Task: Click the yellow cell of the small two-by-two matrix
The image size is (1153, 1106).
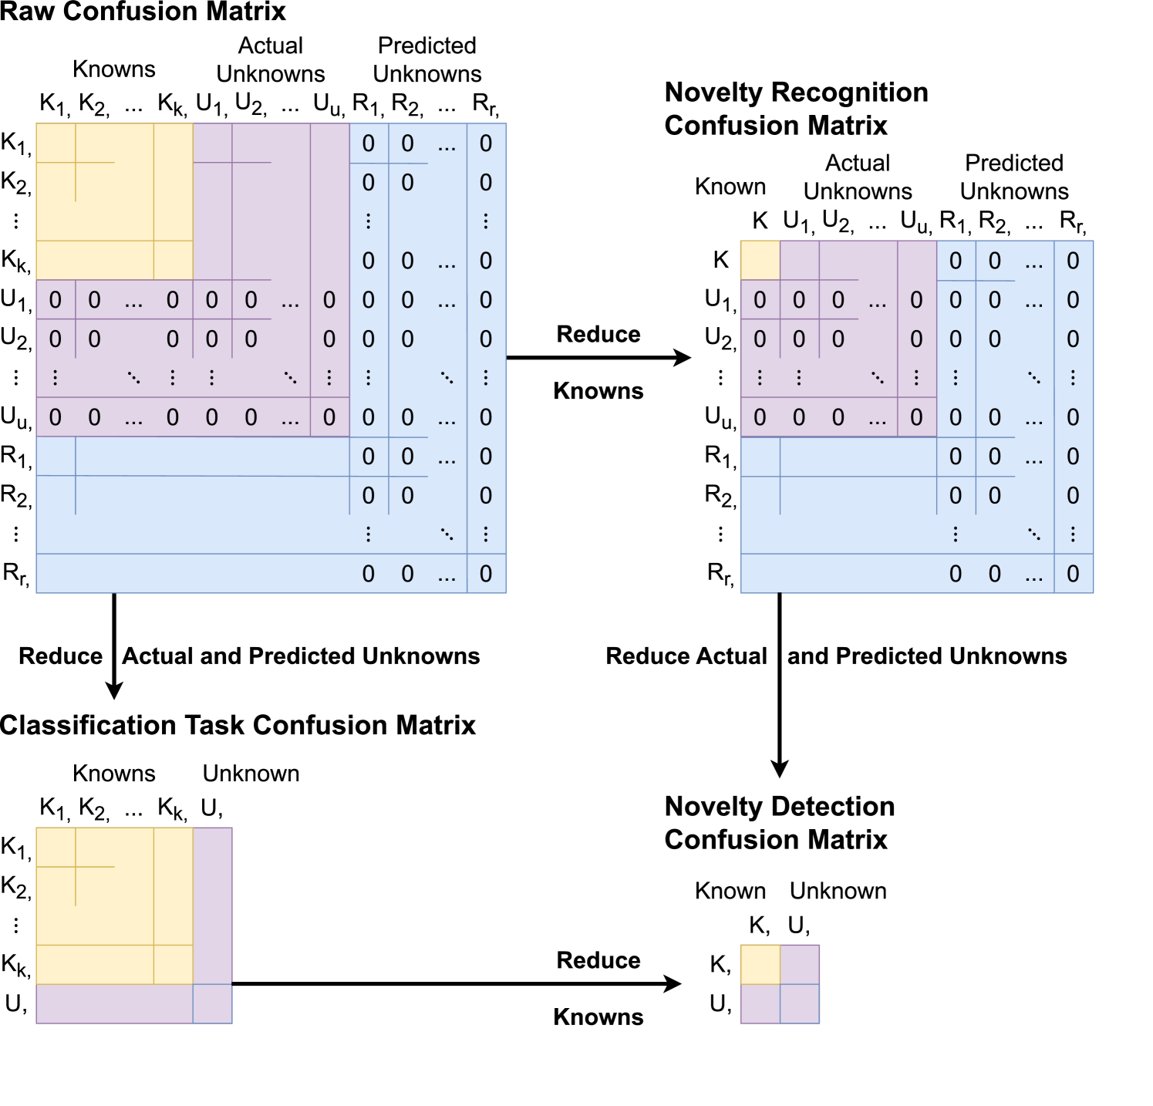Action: pos(760,964)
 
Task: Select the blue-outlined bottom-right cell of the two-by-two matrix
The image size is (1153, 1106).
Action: pos(800,1003)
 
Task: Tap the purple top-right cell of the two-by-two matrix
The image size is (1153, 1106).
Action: pos(800,964)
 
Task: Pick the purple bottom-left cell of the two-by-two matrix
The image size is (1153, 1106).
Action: pos(760,1003)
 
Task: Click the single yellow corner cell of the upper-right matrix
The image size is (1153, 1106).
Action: pos(760,260)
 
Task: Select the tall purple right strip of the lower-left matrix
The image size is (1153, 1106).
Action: pos(212,905)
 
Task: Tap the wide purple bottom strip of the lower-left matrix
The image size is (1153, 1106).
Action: pos(114,1003)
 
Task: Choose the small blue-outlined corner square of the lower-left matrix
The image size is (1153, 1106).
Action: pos(212,1003)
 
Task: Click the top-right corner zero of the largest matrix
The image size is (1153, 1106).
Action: pos(486,143)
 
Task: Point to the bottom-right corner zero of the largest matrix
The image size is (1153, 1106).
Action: pos(486,574)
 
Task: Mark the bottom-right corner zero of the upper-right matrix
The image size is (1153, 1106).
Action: pos(1073,574)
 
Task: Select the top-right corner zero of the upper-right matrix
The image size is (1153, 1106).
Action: pos(1073,261)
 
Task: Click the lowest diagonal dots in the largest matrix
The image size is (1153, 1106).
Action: pos(447,534)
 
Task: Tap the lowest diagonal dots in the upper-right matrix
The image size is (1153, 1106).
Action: pos(1033,534)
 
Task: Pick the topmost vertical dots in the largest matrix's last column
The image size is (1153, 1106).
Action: pos(486,221)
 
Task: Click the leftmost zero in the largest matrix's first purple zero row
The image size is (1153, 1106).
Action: pos(55,300)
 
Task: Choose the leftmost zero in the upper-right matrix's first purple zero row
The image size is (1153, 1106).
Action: pos(760,300)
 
